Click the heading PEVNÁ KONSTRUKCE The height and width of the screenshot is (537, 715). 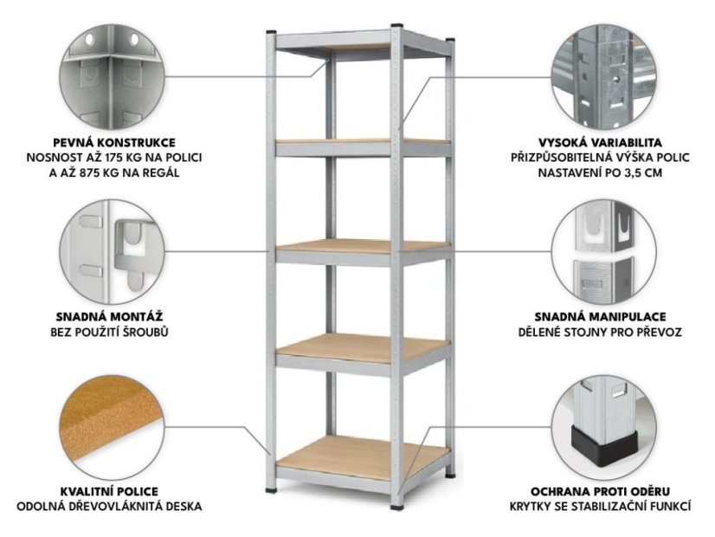pos(114,143)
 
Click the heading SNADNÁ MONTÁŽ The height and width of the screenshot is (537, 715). pos(109,317)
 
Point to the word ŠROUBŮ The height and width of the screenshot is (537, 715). pos(149,332)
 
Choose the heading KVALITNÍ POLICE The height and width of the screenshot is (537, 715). pos(109,491)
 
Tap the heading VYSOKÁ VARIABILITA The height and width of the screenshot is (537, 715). pos(600,143)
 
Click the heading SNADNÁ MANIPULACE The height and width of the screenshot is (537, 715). pos(600,317)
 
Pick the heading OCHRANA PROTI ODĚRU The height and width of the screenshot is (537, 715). pos(600,491)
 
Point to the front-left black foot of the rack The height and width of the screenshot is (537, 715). pos(271,491)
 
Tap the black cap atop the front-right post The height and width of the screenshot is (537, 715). pos(397,25)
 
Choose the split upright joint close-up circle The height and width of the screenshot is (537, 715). pos(603,252)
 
